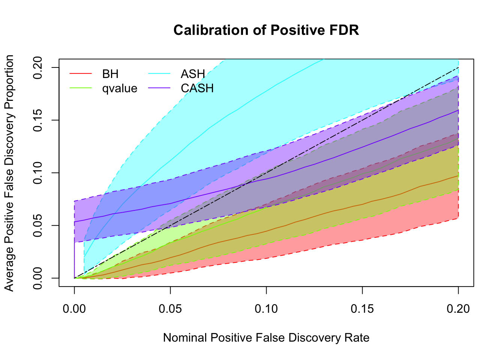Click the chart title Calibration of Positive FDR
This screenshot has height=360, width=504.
(x=266, y=30)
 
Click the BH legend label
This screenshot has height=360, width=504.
(x=110, y=74)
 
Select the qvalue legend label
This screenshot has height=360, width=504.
(x=120, y=88)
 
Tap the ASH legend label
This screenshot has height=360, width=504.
(x=193, y=74)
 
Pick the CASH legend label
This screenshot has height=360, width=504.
(x=197, y=88)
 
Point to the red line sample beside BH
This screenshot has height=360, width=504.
(x=81, y=74)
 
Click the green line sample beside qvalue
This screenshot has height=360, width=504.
(x=81, y=88)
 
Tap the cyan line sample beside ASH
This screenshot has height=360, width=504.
(x=159, y=74)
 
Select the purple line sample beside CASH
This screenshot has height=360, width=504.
(x=159, y=88)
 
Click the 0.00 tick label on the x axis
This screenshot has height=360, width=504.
(x=74, y=309)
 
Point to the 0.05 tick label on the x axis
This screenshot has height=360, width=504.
(x=170, y=309)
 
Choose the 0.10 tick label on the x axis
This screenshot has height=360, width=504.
(x=266, y=309)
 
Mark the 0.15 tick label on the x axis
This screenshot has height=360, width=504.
(x=362, y=309)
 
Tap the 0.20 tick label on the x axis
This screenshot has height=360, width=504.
(x=458, y=309)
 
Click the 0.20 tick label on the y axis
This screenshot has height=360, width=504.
(x=39, y=67)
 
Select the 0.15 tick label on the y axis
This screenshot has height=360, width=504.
(x=39, y=120)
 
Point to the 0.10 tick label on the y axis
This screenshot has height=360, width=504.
(x=39, y=173)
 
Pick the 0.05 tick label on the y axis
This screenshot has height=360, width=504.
(x=39, y=225)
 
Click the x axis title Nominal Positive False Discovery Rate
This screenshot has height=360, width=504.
(x=266, y=338)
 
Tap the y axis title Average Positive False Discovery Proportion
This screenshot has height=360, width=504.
(x=9, y=173)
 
